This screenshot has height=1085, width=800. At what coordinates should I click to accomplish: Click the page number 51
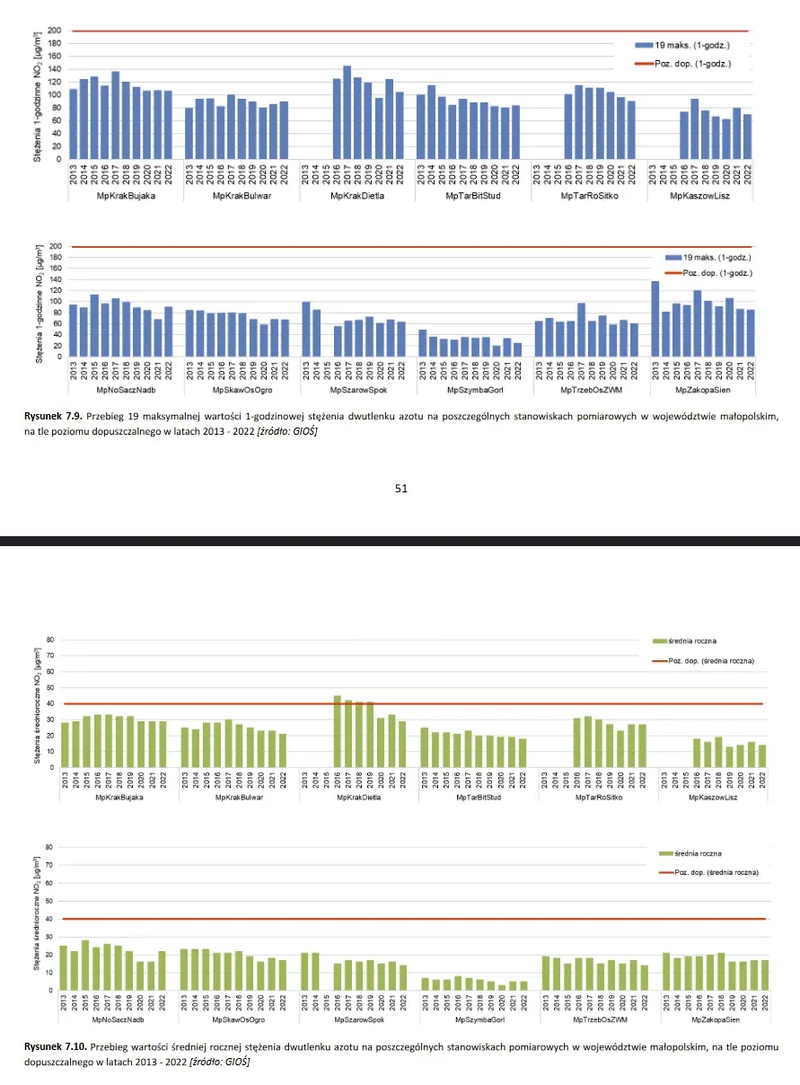click(400, 488)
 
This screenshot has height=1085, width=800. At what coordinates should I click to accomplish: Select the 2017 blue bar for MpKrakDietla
click(347, 113)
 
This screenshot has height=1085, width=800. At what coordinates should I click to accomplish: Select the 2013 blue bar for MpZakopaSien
click(655, 320)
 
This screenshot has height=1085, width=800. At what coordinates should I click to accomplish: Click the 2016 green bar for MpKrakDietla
click(338, 731)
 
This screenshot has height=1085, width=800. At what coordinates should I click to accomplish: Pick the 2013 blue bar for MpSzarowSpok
click(306, 330)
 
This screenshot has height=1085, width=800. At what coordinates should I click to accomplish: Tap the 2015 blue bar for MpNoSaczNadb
click(94, 326)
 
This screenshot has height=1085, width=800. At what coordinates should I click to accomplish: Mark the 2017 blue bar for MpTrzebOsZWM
click(581, 331)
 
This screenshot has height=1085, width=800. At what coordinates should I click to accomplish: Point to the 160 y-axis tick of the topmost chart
click(54, 57)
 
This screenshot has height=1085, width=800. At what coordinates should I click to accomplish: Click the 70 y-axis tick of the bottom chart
click(50, 865)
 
